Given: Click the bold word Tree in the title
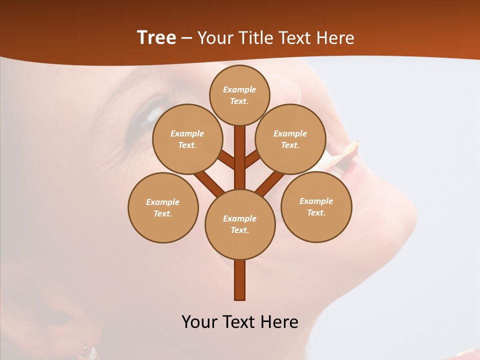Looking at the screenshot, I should click(x=156, y=38).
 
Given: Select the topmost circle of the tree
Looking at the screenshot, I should click(x=239, y=95).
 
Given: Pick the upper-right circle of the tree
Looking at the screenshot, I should click(x=290, y=139).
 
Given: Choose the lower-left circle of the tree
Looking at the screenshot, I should click(x=163, y=207).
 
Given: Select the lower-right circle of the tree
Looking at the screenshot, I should click(x=316, y=206).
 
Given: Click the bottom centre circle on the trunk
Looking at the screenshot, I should click(x=240, y=224).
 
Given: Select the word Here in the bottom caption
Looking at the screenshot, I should click(x=280, y=322).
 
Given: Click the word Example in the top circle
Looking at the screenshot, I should click(x=239, y=89).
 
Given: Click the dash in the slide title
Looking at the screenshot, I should click(x=186, y=38).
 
